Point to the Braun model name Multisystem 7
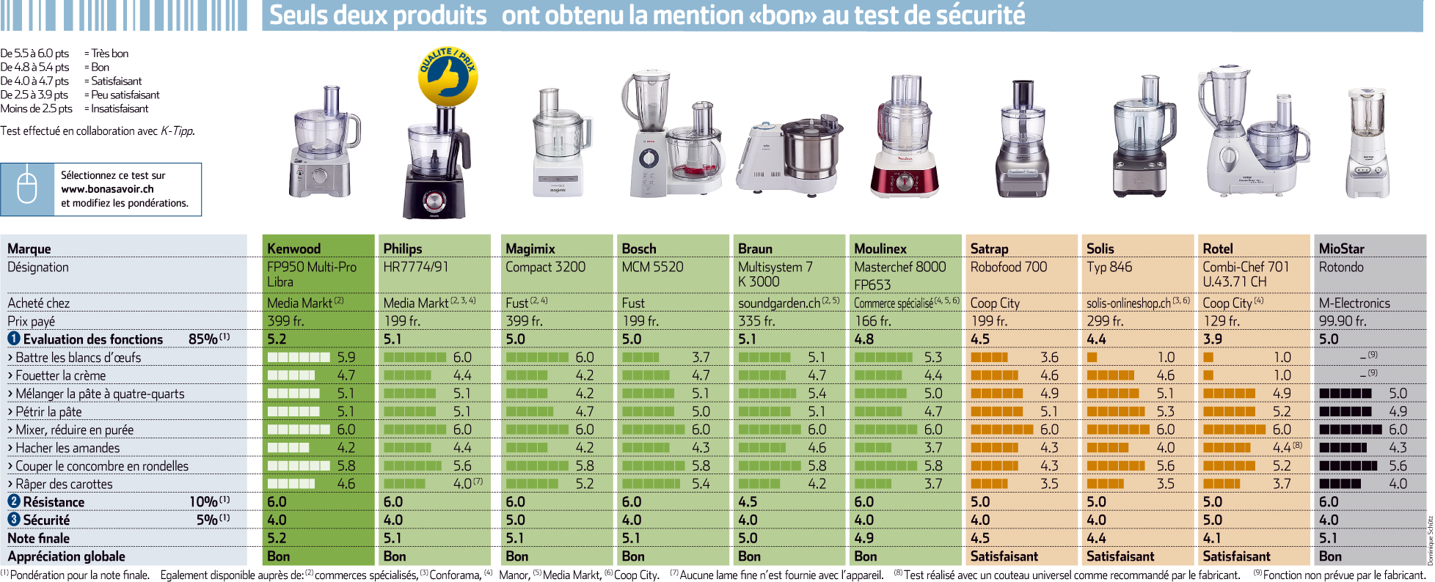(775, 267)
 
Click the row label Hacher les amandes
(67, 448)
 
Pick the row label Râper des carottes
(64, 484)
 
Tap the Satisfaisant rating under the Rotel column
(1237, 556)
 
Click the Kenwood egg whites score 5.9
(346, 357)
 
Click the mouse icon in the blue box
(27, 189)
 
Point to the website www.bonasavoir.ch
(107, 189)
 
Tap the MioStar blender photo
(1367, 144)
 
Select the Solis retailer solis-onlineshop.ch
(1128, 303)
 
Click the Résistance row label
(54, 502)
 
